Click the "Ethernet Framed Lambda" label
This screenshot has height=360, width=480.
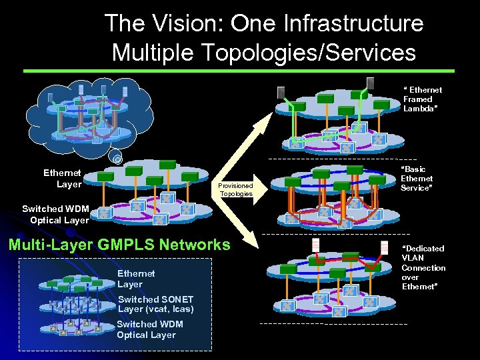[x=422, y=99]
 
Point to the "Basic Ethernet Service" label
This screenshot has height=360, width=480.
[x=417, y=179]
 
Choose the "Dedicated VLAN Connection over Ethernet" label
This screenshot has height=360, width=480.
[x=423, y=267]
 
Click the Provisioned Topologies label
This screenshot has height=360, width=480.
[x=236, y=190]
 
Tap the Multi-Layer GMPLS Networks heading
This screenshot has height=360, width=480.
[x=119, y=245]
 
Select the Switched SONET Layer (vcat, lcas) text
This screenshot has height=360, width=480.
[x=155, y=304]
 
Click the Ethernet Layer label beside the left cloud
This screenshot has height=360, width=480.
[x=62, y=179]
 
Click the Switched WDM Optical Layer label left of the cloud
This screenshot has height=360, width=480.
[x=55, y=214]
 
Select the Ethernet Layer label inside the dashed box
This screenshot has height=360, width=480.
[x=136, y=279]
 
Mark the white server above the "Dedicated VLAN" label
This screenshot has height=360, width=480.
[x=384, y=247]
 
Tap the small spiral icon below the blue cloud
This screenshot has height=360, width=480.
[x=117, y=159]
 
